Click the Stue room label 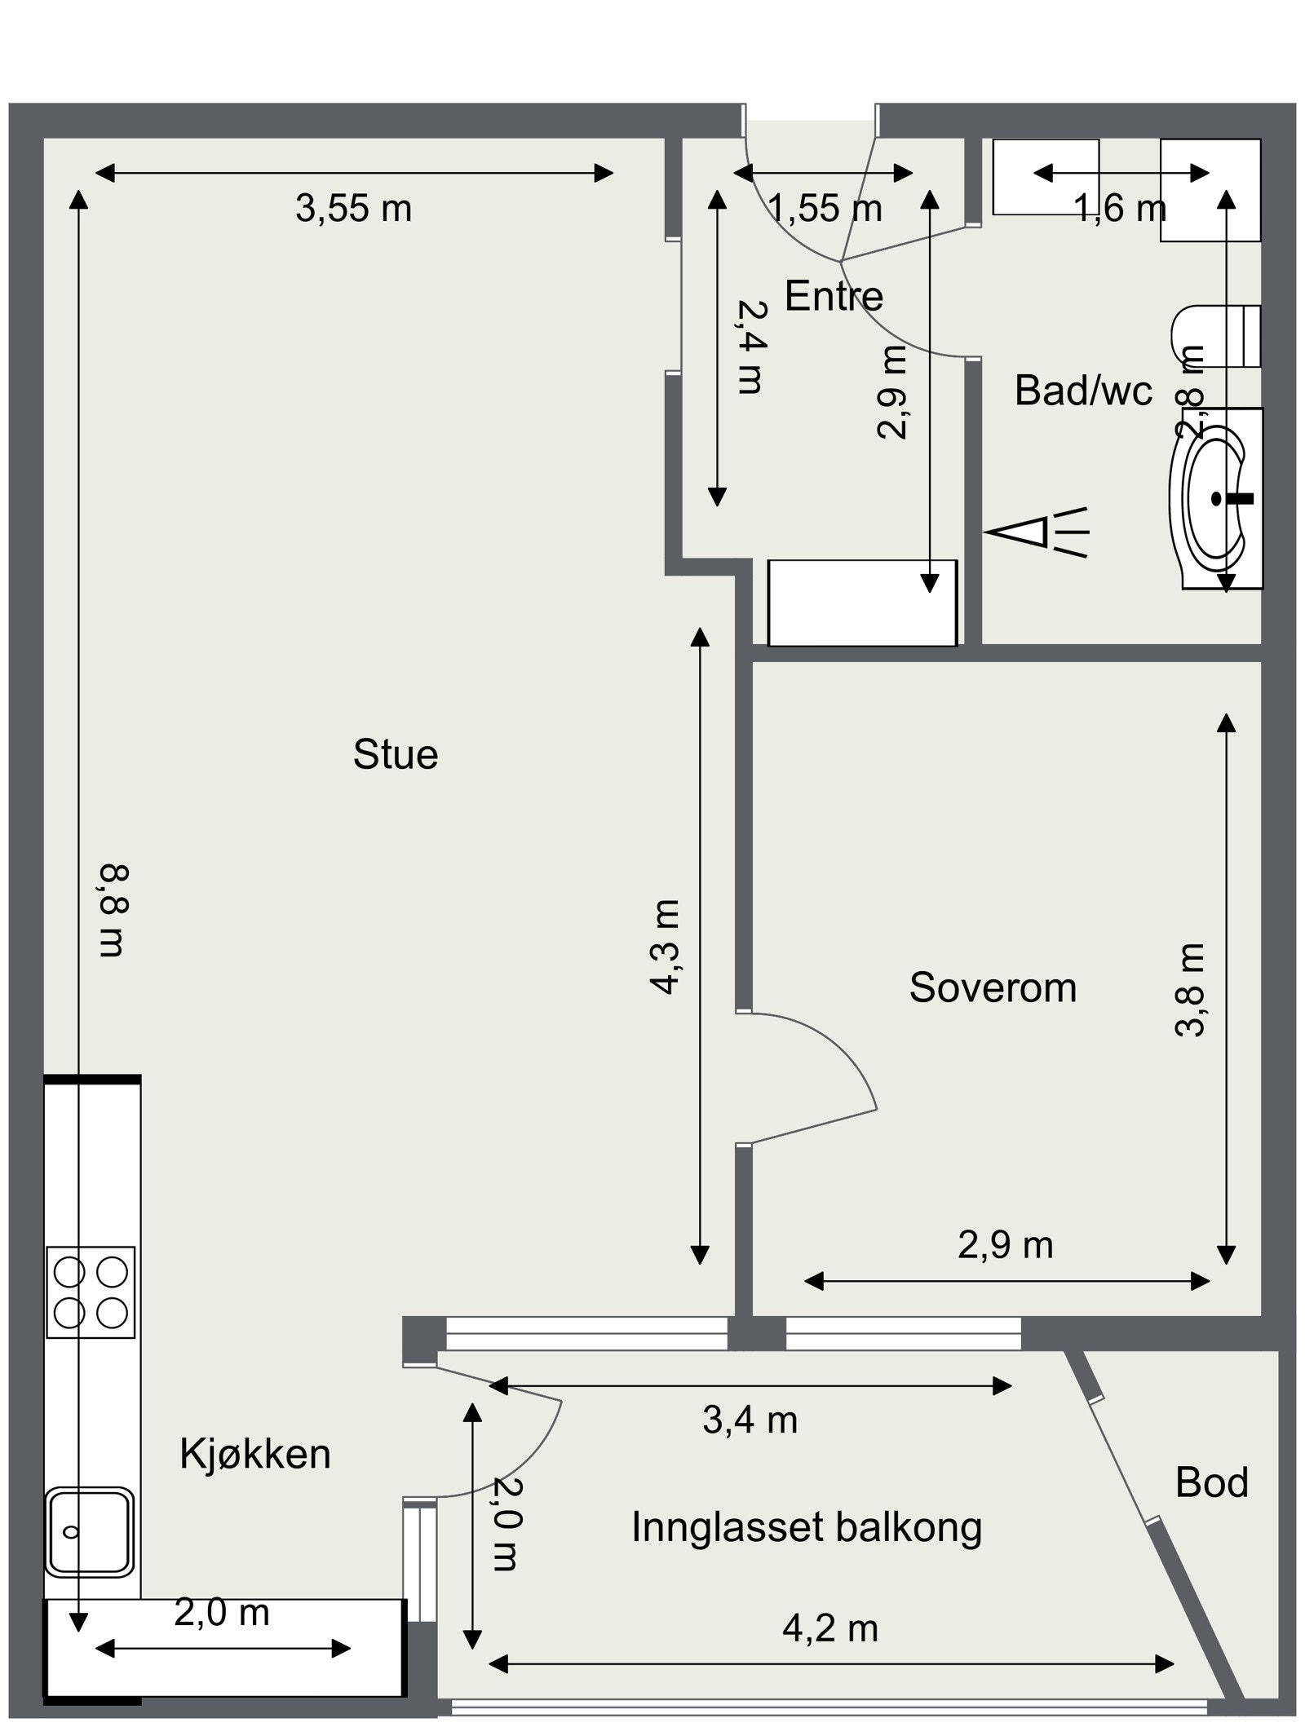pyautogui.click(x=396, y=755)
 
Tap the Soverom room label pyautogui.click(x=993, y=987)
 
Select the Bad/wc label pyautogui.click(x=1082, y=391)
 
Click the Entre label pyautogui.click(x=834, y=296)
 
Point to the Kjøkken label pyautogui.click(x=255, y=1455)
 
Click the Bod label pyautogui.click(x=1211, y=1482)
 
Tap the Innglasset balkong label pyautogui.click(x=807, y=1527)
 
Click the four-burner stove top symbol pyautogui.click(x=91, y=1292)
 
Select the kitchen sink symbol pyautogui.click(x=89, y=1531)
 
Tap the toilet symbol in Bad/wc pyautogui.click(x=1215, y=336)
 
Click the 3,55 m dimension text pyautogui.click(x=353, y=209)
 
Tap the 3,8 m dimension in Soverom pyautogui.click(x=1190, y=990)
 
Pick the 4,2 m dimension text pyautogui.click(x=830, y=1629)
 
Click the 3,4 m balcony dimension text pyautogui.click(x=750, y=1420)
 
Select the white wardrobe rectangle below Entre pyautogui.click(x=862, y=603)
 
